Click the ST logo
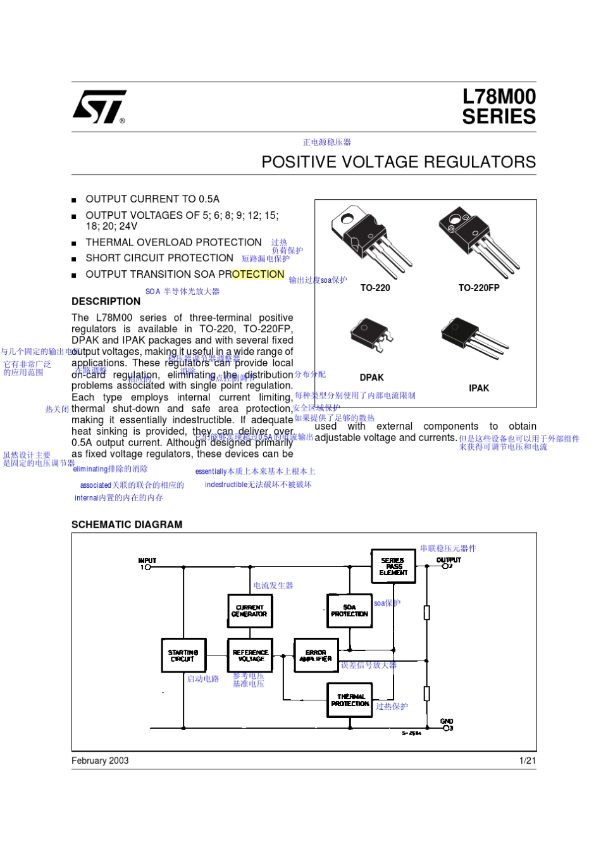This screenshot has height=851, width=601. click(99, 106)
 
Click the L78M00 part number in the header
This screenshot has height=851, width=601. click(499, 97)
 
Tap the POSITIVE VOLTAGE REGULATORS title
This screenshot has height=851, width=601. click(399, 162)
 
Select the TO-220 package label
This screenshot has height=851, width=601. click(375, 288)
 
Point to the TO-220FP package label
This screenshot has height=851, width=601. click(479, 288)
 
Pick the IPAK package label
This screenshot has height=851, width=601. click(479, 388)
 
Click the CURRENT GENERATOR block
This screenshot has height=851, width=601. click(250, 611)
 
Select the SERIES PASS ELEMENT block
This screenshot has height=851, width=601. click(393, 566)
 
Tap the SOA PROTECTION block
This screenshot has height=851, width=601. click(349, 611)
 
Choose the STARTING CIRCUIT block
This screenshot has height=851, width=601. click(183, 655)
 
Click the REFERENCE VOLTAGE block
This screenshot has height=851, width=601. click(250, 655)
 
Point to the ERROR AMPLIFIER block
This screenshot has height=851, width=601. click(316, 655)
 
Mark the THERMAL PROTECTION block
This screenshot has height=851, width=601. click(350, 700)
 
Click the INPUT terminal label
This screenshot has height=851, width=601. click(147, 561)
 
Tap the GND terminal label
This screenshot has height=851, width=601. click(447, 721)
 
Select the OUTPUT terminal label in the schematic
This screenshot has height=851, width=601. click(449, 560)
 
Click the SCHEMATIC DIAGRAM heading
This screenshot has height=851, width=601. click(127, 525)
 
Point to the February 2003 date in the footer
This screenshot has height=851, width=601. click(100, 761)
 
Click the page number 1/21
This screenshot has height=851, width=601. click(528, 761)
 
